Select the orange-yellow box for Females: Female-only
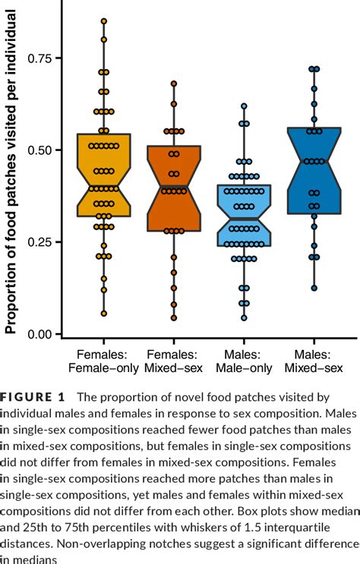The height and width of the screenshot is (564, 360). [x=104, y=175]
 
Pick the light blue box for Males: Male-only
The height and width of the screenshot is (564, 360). [x=244, y=216]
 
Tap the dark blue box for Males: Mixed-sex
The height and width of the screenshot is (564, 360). [x=314, y=171]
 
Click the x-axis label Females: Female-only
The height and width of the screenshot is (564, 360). [x=104, y=361]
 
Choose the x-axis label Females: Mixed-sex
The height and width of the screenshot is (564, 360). [x=174, y=361]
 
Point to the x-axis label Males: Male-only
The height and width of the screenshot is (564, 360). [x=244, y=361]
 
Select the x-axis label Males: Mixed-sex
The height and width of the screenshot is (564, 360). [x=314, y=361]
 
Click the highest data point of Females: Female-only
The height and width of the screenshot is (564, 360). [x=104, y=21]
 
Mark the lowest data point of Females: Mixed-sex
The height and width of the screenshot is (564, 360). [x=174, y=318]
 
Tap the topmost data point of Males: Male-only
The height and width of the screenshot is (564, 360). [x=244, y=106]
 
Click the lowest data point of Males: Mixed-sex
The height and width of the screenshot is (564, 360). [x=314, y=288]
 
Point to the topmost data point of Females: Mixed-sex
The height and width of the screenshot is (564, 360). [x=174, y=83]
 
